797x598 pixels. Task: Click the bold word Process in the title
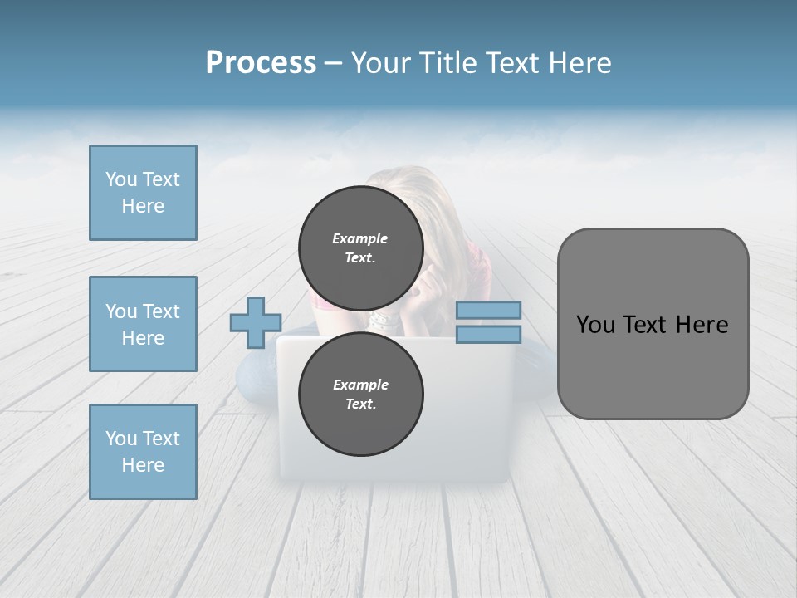pyautogui.click(x=261, y=63)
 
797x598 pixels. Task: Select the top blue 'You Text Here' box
pyautogui.click(x=143, y=193)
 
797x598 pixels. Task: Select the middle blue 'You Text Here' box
pyautogui.click(x=143, y=324)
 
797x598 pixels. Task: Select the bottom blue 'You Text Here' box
pyautogui.click(x=143, y=452)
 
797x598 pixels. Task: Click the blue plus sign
pyautogui.click(x=256, y=322)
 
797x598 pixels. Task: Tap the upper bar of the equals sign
pyautogui.click(x=488, y=310)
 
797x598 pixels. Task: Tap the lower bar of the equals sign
pyautogui.click(x=488, y=335)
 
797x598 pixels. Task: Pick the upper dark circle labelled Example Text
pyautogui.click(x=361, y=248)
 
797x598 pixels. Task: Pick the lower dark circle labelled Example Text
pyautogui.click(x=361, y=395)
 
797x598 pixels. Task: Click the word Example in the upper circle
pyautogui.click(x=359, y=238)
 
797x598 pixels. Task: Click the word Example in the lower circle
pyautogui.click(x=360, y=385)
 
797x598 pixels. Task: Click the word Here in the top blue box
pyautogui.click(x=143, y=206)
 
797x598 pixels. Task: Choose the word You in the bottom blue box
pyautogui.click(x=121, y=439)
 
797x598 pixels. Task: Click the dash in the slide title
pyautogui.click(x=334, y=63)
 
